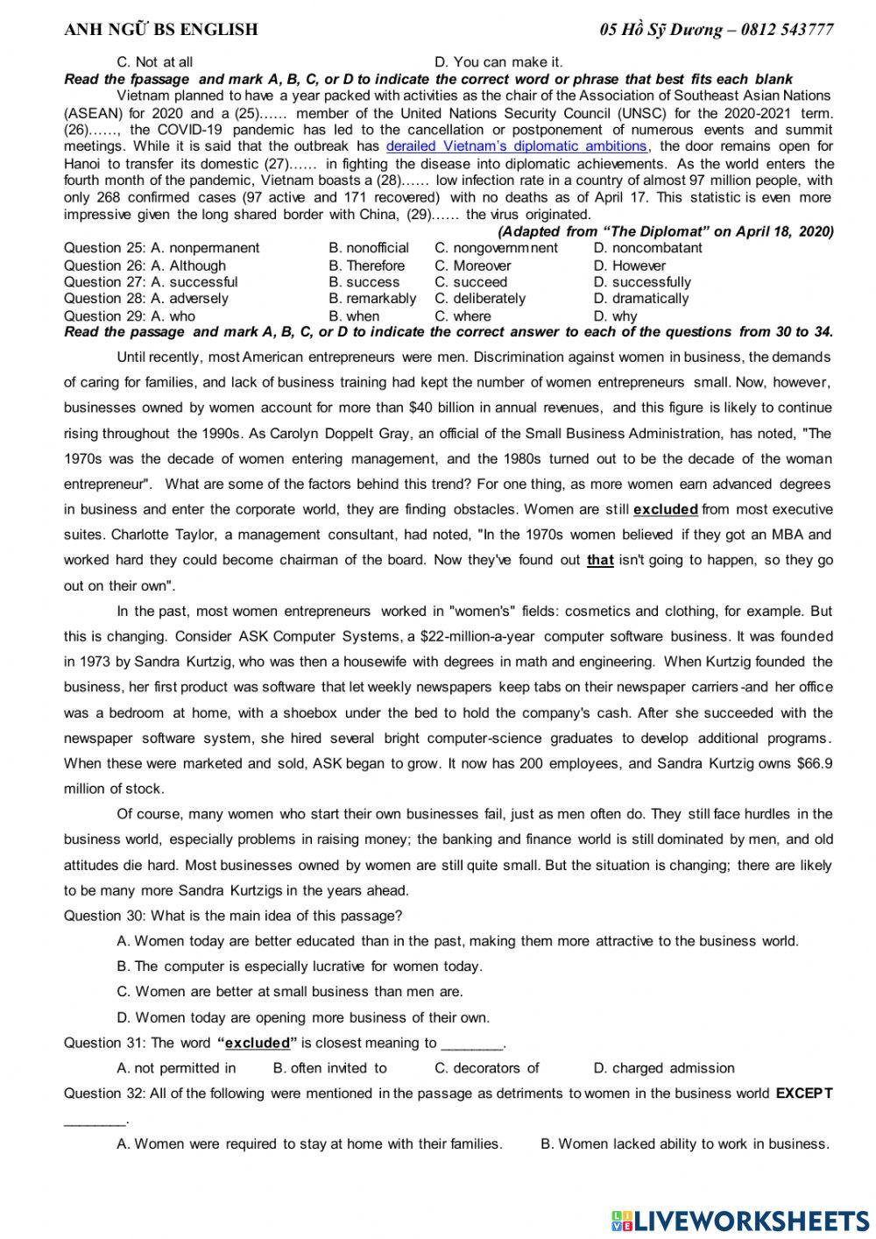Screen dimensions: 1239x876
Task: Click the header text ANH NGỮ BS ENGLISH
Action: [x=161, y=30]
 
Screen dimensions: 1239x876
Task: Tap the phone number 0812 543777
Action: [x=787, y=30]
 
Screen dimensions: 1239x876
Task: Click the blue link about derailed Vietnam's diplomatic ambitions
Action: [x=516, y=146]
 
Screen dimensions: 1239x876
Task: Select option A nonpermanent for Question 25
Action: [x=205, y=248]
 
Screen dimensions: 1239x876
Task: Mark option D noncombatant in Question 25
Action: [x=647, y=248]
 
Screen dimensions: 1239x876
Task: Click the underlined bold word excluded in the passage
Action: [x=665, y=509]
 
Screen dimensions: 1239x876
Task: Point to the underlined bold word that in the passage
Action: [x=600, y=560]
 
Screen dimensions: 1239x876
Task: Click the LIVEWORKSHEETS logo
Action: [x=740, y=1221]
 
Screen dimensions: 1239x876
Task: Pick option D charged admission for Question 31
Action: [x=663, y=1068]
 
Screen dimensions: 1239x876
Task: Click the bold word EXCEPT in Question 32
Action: [x=804, y=1094]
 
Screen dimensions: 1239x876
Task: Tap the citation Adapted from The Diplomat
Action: [x=665, y=231]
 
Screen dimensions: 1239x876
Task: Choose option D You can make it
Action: [x=498, y=62]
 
